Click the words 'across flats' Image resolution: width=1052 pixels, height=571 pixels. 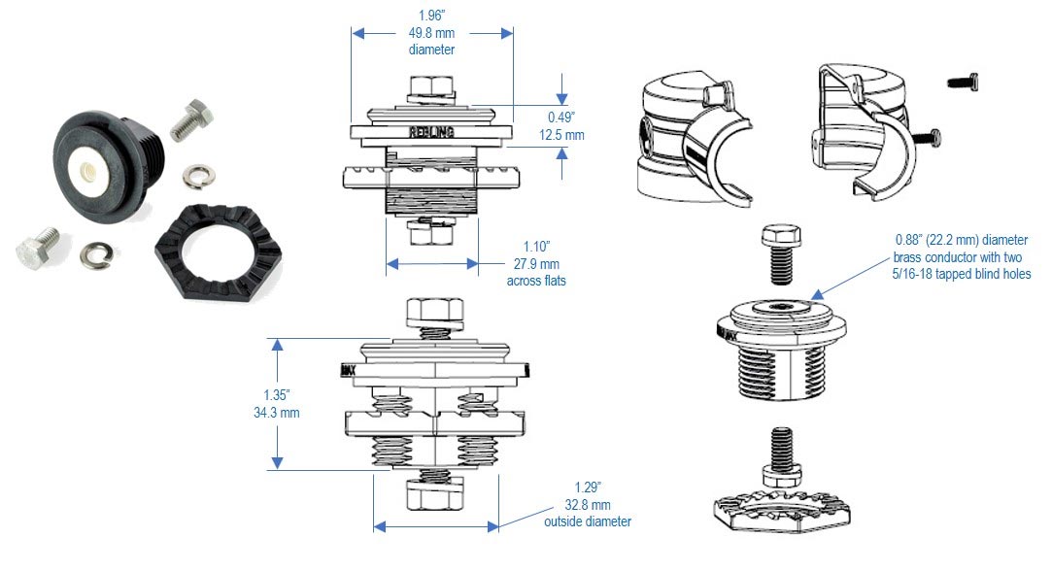pos(533,282)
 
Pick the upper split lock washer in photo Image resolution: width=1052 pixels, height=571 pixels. pos(198,176)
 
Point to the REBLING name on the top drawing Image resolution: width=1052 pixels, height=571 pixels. pos(428,130)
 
